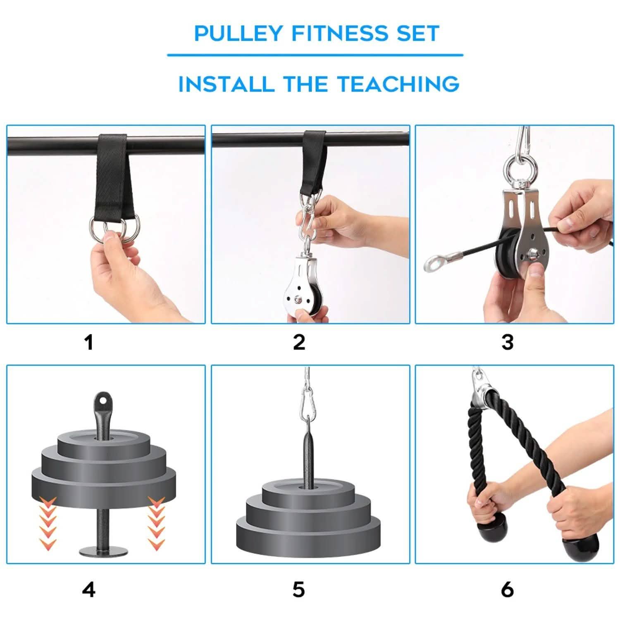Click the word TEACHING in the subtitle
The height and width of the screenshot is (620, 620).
pos(398,84)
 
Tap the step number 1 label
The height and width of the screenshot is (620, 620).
pos(88,343)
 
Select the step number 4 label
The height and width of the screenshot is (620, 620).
pos(88,590)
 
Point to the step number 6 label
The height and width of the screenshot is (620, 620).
pos(507,590)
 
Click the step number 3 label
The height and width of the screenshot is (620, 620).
pos(507,343)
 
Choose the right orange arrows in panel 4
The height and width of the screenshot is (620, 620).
pos(157,523)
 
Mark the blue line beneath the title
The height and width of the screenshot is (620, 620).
pos(315,55)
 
